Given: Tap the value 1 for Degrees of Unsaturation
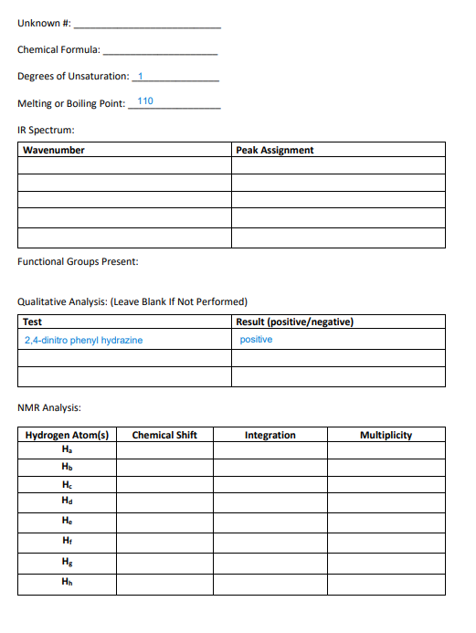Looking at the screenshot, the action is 141,75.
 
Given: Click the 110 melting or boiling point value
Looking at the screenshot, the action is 144,100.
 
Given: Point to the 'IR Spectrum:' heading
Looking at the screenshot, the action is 46,130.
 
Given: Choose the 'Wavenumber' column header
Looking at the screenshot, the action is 54,150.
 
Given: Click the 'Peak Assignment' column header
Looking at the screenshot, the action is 274,150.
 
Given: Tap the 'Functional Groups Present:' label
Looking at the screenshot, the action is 78,262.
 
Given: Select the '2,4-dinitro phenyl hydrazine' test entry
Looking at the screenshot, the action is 83,340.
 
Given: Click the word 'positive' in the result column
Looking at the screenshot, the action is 256,340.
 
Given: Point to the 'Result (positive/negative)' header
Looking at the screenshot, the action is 294,322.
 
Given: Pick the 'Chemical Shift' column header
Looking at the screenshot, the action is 164,435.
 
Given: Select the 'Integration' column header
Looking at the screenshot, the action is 270,435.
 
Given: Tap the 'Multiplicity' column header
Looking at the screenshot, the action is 386,435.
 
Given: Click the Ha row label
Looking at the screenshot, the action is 67,449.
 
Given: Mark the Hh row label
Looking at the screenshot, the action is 67,581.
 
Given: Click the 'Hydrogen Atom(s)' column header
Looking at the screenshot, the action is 67,435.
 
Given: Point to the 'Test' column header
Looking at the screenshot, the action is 33,322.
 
